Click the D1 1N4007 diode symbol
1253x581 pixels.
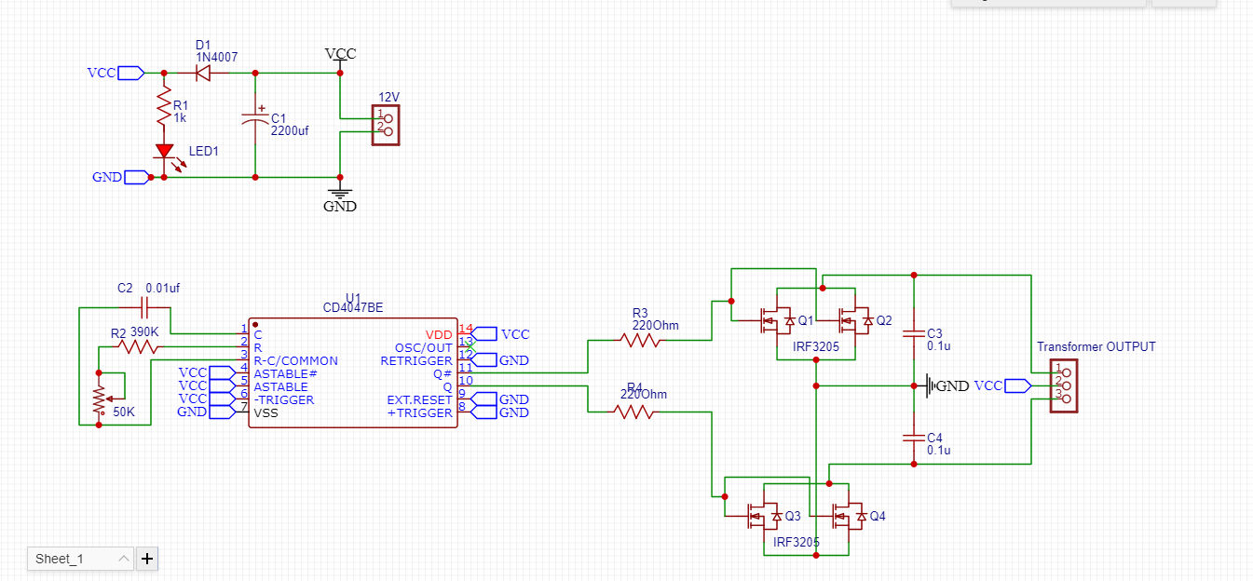[x=202, y=73]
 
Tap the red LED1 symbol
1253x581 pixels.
[x=164, y=151]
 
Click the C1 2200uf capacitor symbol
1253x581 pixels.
[x=255, y=121]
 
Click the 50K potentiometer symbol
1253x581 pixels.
[x=99, y=399]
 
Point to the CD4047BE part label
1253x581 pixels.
[x=352, y=307]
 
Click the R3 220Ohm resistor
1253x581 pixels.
[x=641, y=341]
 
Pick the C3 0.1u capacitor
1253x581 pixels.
[x=913, y=332]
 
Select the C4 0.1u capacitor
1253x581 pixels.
[x=913, y=437]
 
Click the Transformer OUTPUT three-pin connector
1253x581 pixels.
[x=1063, y=385]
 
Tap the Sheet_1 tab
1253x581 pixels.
[x=80, y=559]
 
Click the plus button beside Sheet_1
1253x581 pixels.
[x=147, y=559]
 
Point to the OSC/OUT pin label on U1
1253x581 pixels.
[x=423, y=347]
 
